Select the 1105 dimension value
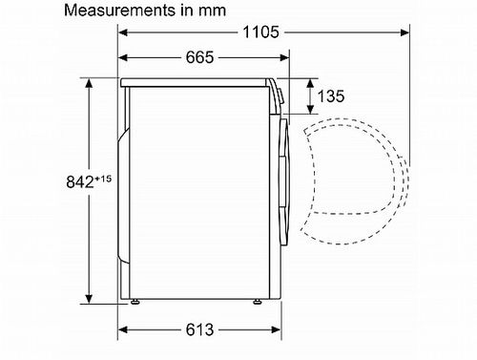pos(260,32)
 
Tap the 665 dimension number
pos(198,58)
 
